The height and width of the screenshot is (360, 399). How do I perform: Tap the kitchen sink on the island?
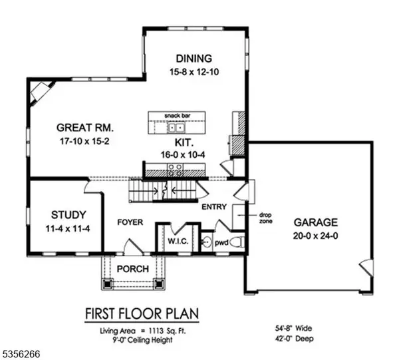[x=176, y=126]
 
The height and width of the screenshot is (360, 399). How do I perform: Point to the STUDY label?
[x=68, y=215]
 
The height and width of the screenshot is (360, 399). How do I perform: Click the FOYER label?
[x=130, y=222]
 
